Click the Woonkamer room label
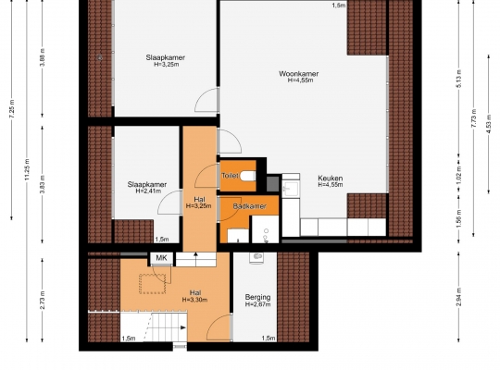pos(298,74)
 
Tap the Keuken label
pos(330,179)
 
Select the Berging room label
pos(257,297)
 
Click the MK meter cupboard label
pos(161,258)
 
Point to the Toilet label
pos(230,176)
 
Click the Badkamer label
pos(249,206)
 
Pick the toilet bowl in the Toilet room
pos(248,176)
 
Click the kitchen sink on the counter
pos(291,188)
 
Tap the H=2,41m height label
pos(148,191)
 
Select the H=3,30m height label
pos(194,300)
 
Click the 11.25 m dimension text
pos(27,169)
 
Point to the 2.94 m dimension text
pos(459,297)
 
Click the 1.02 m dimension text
pos(459,175)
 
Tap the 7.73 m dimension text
pos(473,118)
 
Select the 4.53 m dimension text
pos(489,125)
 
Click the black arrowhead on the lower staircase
pos(183,327)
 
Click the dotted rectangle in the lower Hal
pos(153,284)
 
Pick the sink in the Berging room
pos(256,258)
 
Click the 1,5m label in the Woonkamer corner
pos(339,6)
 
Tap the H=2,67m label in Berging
pos(257,304)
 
